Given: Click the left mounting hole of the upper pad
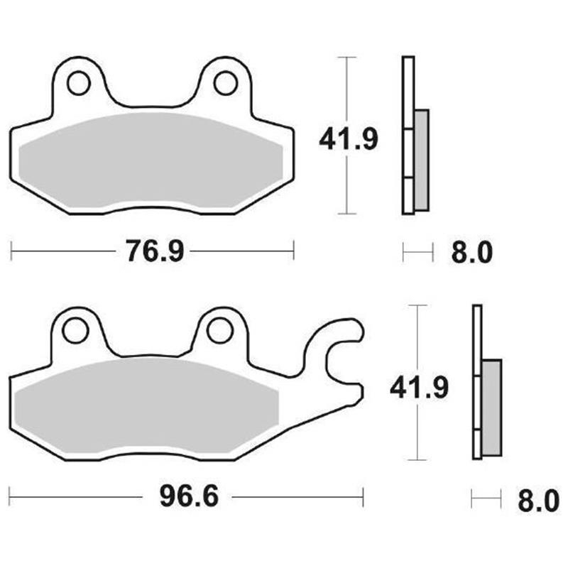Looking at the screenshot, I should coord(78,83).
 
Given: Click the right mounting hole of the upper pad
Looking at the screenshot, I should coord(225,83).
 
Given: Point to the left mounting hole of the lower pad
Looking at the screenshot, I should coord(73,329).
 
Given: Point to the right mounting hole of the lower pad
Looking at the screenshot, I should coord(219,329).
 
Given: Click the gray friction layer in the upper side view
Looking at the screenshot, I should coord(421,160).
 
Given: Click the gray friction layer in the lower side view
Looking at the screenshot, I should coord(491,408).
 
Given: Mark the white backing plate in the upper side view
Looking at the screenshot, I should coord(408,99).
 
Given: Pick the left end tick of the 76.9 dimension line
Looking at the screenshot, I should coord(13,250).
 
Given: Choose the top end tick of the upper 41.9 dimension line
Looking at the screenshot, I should coord(346,57).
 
